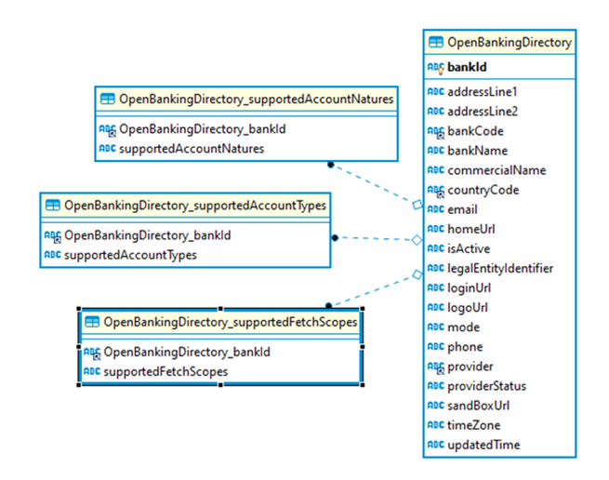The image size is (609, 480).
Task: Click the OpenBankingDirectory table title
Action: (x=509, y=42)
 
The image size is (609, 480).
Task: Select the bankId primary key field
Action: (x=467, y=67)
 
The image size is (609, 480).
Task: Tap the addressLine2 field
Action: (x=482, y=112)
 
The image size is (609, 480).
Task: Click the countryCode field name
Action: (x=483, y=190)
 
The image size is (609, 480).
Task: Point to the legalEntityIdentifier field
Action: (x=500, y=269)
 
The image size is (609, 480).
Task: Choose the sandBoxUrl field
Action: (x=478, y=406)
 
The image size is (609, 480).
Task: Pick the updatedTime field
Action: (x=483, y=445)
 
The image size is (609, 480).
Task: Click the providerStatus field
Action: (x=486, y=386)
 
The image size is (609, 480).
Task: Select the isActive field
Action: (x=469, y=249)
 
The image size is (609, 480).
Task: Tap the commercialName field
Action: (x=496, y=170)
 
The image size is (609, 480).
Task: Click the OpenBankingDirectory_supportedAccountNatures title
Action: (x=256, y=99)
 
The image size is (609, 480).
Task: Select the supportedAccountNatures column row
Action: (x=192, y=148)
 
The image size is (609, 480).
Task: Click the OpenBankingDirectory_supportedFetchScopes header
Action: (x=230, y=322)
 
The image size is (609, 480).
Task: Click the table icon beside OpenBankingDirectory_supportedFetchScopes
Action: (x=92, y=322)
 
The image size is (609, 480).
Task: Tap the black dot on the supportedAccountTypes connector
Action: (x=336, y=237)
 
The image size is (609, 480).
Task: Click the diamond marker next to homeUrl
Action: (x=417, y=239)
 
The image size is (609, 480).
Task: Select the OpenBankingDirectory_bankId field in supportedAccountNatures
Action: (x=202, y=128)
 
